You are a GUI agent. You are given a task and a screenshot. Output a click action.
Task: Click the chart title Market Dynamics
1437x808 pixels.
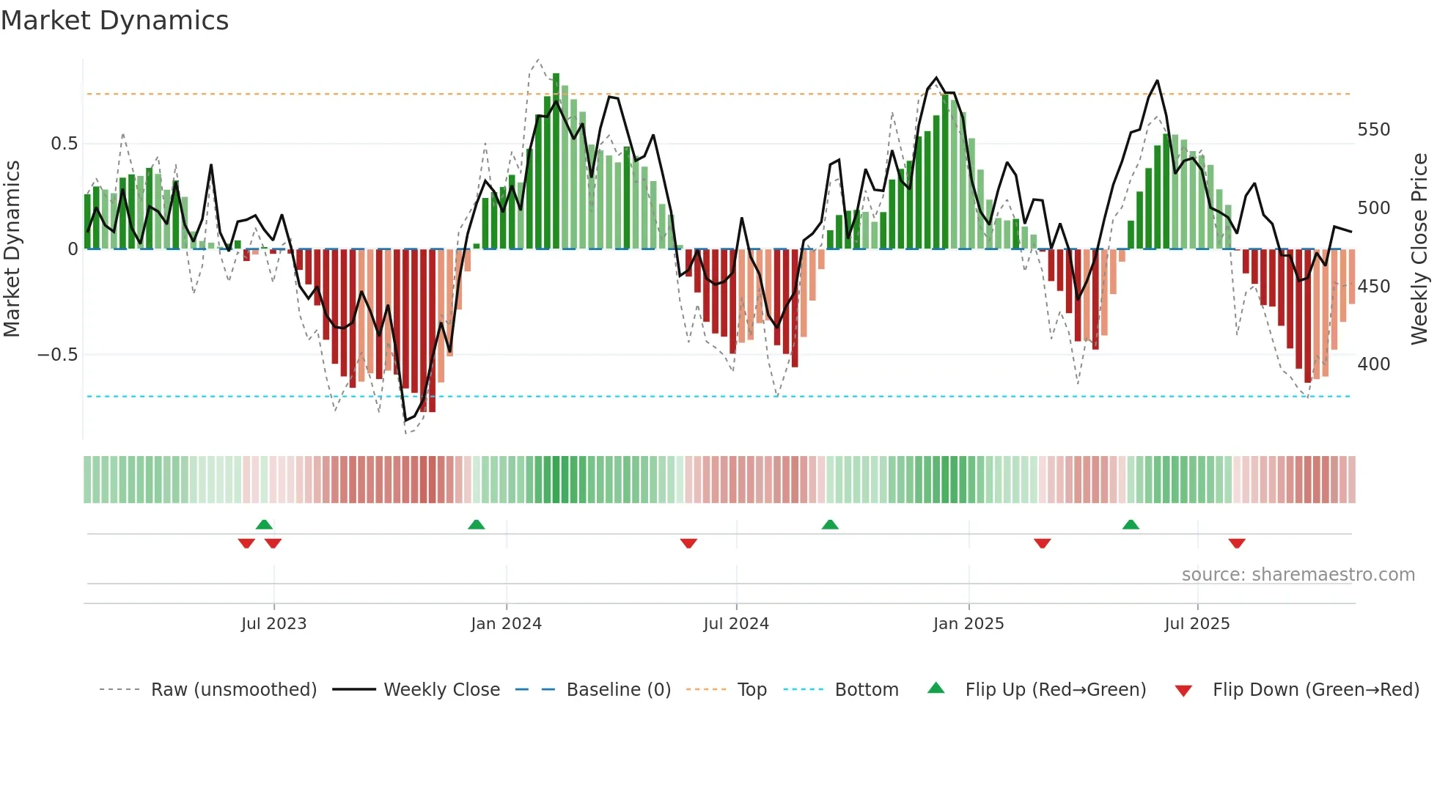[x=115, y=21]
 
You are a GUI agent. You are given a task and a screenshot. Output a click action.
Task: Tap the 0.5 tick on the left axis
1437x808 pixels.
[x=64, y=144]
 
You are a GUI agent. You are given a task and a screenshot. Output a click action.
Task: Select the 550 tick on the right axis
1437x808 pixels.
[x=1373, y=130]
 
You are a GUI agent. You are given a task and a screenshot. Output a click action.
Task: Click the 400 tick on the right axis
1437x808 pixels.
[x=1373, y=364]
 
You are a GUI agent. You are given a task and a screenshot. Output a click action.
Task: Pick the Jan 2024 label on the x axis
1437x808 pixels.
[x=506, y=624]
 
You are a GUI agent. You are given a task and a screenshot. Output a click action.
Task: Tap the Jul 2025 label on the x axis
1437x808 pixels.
[x=1197, y=624]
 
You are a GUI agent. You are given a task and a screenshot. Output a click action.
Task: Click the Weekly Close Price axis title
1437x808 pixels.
[x=1419, y=249]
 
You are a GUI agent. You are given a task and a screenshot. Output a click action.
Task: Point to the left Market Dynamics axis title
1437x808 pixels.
[x=12, y=249]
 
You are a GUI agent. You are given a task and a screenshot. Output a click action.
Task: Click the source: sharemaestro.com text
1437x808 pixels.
[x=1298, y=575]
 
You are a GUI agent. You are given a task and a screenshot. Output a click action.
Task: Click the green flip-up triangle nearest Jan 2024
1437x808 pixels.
[x=477, y=524]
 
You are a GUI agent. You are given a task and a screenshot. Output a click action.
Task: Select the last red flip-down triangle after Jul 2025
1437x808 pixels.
[x=1237, y=543]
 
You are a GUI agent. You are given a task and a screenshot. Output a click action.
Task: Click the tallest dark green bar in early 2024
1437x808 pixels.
[x=556, y=161]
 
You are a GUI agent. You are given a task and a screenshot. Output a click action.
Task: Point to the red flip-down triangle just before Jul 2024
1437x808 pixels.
[x=688, y=543]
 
